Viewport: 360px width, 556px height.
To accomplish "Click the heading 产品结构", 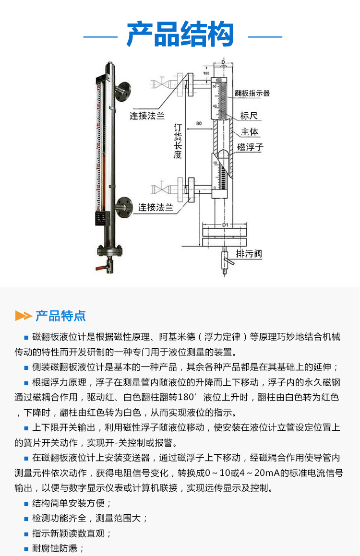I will [180, 35].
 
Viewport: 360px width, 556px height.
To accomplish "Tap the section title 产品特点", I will [60, 316].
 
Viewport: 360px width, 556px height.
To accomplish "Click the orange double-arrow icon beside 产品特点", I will [23, 316].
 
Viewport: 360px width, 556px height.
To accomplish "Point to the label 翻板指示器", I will [252, 93].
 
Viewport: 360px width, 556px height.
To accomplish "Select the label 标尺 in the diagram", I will [249, 116].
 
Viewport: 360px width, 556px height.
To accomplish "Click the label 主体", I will [250, 131].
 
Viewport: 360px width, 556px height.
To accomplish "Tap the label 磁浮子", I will [251, 147].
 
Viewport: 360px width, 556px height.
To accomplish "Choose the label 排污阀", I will [249, 254].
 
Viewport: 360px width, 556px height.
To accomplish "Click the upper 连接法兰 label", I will [147, 116].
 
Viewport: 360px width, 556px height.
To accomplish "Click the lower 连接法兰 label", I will [156, 207].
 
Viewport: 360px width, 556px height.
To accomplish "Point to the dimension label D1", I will [224, 224].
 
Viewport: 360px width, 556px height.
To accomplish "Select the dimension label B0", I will [198, 124].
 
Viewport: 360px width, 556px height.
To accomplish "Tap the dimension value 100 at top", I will [206, 73].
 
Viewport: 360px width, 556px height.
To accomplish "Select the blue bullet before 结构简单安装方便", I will [26, 504].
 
